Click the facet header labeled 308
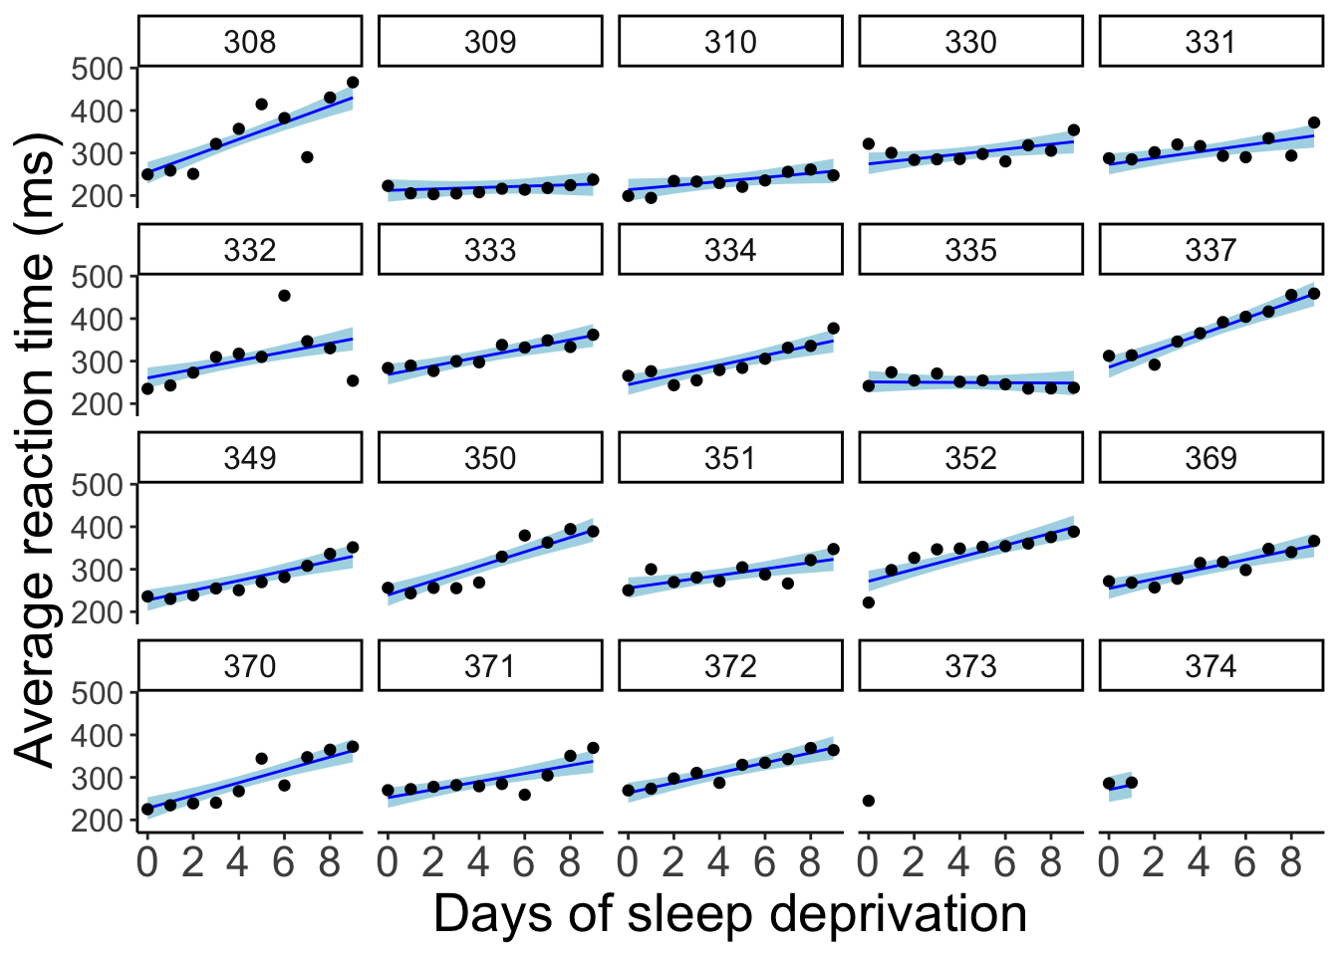pyautogui.click(x=249, y=42)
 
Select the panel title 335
pyautogui.click(x=970, y=250)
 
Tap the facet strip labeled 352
pyautogui.click(x=970, y=458)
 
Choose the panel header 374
pyautogui.click(x=1210, y=666)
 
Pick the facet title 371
pyautogui.click(x=490, y=666)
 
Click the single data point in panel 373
pyautogui.click(x=869, y=801)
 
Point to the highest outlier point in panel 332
pyautogui.click(x=284, y=296)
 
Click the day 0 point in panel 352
pyautogui.click(x=869, y=602)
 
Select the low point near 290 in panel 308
pyautogui.click(x=307, y=157)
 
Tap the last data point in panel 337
pyautogui.click(x=1314, y=294)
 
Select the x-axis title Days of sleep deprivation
pyautogui.click(x=729, y=914)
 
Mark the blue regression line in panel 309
pyautogui.click(x=490, y=187)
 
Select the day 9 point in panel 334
pyautogui.click(x=834, y=329)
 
